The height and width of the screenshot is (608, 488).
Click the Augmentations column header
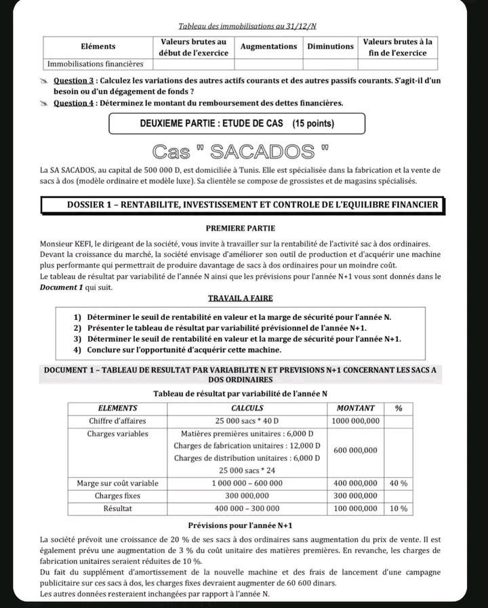[269, 47]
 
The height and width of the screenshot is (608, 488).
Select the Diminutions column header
[330, 47]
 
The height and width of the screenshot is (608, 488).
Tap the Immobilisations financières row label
[96, 64]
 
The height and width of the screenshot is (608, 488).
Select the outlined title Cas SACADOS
[243, 150]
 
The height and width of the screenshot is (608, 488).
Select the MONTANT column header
[355, 408]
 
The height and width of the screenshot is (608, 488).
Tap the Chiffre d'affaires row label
[119, 421]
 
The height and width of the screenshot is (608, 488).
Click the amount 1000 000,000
[355, 421]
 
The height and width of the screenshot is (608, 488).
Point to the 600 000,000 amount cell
[355, 451]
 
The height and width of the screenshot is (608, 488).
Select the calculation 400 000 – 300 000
[248, 508]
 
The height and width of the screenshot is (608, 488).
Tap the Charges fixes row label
[117, 495]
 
